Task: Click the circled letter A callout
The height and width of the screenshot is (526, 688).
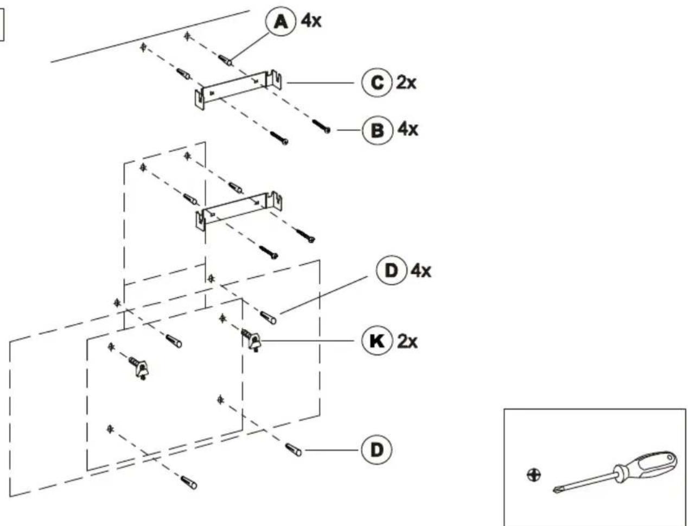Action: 280,22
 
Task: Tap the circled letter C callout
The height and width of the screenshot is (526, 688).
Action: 377,83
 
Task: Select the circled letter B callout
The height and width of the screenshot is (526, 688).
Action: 378,130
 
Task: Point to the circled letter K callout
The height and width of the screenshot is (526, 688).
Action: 377,341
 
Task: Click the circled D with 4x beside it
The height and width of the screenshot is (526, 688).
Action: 391,271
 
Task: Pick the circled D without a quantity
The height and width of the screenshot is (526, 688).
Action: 377,450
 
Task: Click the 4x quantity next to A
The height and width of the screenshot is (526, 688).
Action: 311,21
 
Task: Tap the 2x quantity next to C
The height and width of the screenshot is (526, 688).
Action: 406,83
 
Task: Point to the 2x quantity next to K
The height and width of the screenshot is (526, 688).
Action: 407,341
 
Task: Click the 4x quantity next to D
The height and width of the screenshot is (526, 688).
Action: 421,271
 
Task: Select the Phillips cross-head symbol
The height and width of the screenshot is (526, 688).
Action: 533,475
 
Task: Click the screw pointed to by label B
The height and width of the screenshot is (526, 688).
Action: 321,126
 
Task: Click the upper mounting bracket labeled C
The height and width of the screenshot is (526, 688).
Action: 238,89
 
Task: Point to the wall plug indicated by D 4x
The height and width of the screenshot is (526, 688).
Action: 268,318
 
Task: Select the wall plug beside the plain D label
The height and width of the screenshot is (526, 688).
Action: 294,450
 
